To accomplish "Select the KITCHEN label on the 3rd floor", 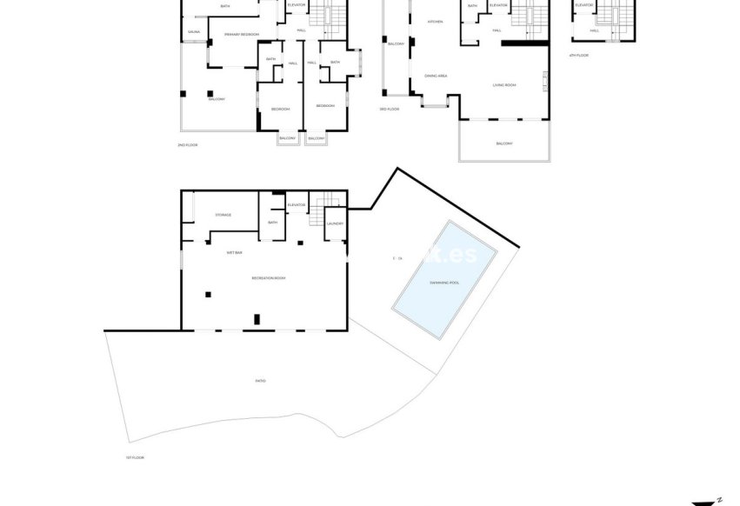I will pos(436,22).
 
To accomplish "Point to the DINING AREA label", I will pos(436,77).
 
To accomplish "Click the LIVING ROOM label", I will pos(504,85).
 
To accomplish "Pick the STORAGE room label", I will pos(223,215).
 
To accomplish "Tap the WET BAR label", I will pos(234,253).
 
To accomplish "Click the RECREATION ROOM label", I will pos(268,278).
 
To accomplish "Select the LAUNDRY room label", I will pos(335,223).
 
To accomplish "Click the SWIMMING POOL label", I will pos(445,283).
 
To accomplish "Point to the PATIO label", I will pos(260,381).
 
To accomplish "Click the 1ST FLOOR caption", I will pos(134,456).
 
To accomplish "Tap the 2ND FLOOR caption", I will pos(189,144).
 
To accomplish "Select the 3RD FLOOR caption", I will pos(389,109).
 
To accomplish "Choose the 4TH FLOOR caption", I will pos(578,55).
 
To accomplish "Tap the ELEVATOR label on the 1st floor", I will pos(297,205).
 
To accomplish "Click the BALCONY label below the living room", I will pos(504,143).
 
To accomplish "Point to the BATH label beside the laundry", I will pos(272,223).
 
